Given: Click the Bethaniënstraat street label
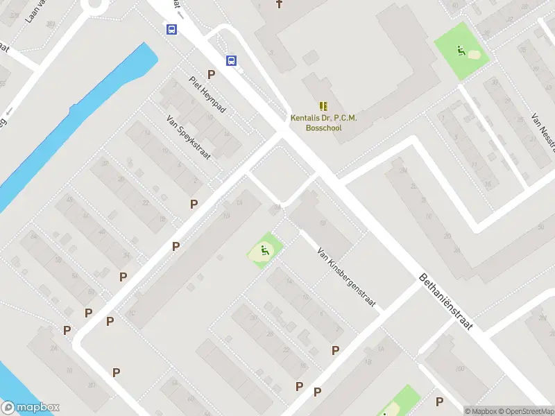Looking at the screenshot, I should point(446,301).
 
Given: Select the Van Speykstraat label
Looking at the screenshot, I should point(188,137).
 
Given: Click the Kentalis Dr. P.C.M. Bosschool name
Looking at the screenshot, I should point(323,123).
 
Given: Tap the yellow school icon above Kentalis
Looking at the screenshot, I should point(323,106).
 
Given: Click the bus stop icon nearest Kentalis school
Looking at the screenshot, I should point(231,60).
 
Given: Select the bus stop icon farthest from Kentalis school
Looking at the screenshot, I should point(171,29).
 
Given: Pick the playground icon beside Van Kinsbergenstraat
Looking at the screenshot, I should point(264,251).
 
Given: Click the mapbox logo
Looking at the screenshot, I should point(31,408).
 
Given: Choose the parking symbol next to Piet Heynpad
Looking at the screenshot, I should point(211,74).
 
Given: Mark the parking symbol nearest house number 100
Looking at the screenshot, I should point(439,401).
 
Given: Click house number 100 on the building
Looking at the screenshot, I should point(459,369).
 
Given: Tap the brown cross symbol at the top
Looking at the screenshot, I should point(280,4).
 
